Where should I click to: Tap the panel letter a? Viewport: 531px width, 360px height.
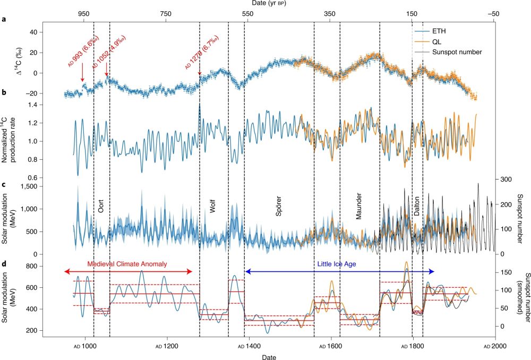pos(4,20)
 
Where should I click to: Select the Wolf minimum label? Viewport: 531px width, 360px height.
pos(212,207)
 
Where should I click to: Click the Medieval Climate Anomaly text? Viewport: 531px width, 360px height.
pos(127,264)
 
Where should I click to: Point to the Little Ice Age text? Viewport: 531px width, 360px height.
pos(339,264)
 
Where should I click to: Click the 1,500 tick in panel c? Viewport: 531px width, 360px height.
pos(26,186)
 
